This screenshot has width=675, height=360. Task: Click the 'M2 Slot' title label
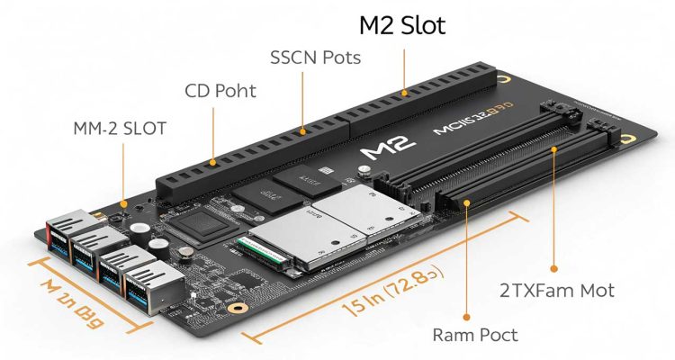(x=403, y=25)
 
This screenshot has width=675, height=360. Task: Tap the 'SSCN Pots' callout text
(x=315, y=58)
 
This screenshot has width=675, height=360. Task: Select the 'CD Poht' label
(x=220, y=91)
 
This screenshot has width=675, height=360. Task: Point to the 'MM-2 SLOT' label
(x=120, y=128)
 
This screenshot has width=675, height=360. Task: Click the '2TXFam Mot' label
(x=558, y=290)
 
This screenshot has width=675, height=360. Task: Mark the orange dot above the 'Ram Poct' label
(x=467, y=316)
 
